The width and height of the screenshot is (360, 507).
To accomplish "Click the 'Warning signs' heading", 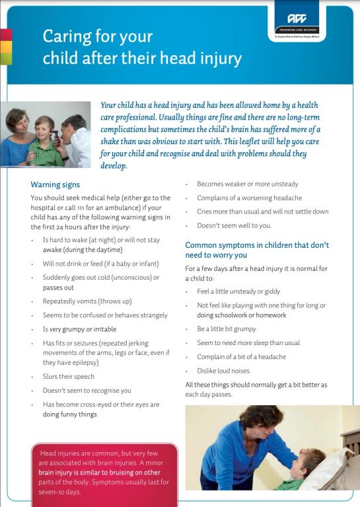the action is (x=55, y=184).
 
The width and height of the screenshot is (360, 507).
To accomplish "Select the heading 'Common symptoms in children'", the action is (x=257, y=245).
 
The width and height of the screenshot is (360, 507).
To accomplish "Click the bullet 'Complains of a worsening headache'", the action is (x=249, y=198).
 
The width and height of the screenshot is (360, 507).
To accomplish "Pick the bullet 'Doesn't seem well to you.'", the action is (x=234, y=226).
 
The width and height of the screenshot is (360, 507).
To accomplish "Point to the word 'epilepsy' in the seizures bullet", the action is (x=86, y=362).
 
